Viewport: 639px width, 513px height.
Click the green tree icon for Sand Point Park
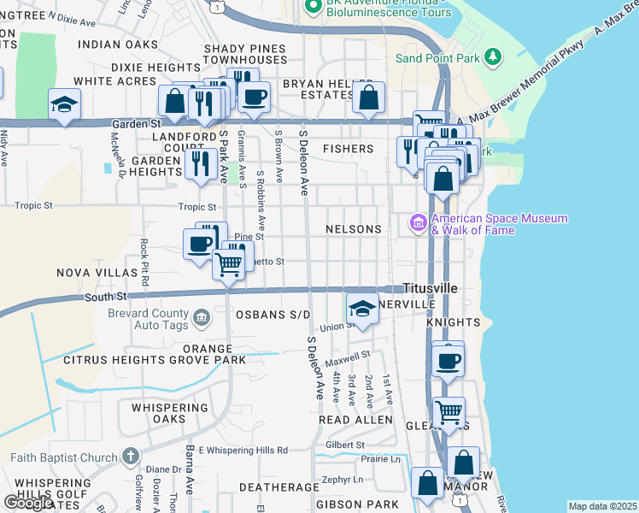(492, 57)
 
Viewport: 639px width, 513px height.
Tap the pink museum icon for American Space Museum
(419, 224)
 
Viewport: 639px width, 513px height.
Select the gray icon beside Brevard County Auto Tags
(201, 319)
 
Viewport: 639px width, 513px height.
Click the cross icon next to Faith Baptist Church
(130, 457)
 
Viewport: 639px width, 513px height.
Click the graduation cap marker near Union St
(362, 309)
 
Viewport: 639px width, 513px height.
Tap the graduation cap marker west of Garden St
(63, 105)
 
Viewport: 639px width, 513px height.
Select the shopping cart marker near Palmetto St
(228, 265)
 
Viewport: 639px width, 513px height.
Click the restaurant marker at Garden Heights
(201, 163)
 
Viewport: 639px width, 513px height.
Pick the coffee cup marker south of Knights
(448, 359)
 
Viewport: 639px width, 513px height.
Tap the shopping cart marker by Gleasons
(448, 413)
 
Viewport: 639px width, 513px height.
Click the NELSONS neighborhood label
(353, 229)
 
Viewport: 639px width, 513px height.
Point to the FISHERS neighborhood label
(348, 149)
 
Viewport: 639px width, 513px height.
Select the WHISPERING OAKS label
(170, 414)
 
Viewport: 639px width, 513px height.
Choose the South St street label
(105, 297)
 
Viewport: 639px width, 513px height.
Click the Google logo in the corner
(28, 503)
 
